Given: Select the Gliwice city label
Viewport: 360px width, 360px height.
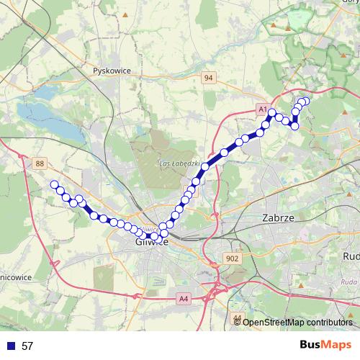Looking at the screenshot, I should (x=151, y=242).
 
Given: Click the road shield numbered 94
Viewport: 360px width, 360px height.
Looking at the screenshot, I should (x=209, y=78).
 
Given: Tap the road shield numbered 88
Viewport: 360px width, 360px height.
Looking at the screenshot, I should (x=40, y=164).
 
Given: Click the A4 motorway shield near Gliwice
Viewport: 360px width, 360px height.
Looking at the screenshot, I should (x=184, y=298).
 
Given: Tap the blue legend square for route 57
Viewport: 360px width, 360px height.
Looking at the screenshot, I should (x=9, y=346).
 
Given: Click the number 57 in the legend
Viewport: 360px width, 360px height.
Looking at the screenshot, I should (x=27, y=346).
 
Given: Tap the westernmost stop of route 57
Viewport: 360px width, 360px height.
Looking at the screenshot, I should (x=54, y=185).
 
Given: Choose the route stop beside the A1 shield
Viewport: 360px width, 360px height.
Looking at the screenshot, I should (x=272, y=112).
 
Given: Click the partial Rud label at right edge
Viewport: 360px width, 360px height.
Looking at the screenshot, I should (x=351, y=256).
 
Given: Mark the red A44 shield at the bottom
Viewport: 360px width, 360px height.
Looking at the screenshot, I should (x=238, y=317).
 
